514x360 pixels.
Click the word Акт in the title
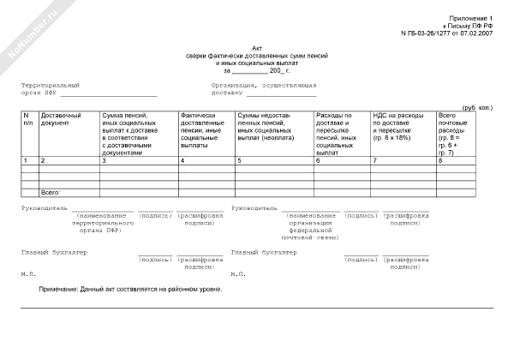coord(258,48)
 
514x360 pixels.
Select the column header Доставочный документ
coord(61,119)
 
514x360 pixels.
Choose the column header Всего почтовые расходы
coord(451,133)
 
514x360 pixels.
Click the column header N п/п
coord(27,119)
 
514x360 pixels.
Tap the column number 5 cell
coord(240,160)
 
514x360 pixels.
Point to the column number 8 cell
coord(440,160)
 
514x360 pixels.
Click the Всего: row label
coord(51,194)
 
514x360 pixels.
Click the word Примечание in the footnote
coord(60,289)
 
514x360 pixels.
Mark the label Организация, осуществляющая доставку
coord(264,89)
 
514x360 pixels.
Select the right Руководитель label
coord(254,207)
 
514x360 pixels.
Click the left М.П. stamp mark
coord(28,273)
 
